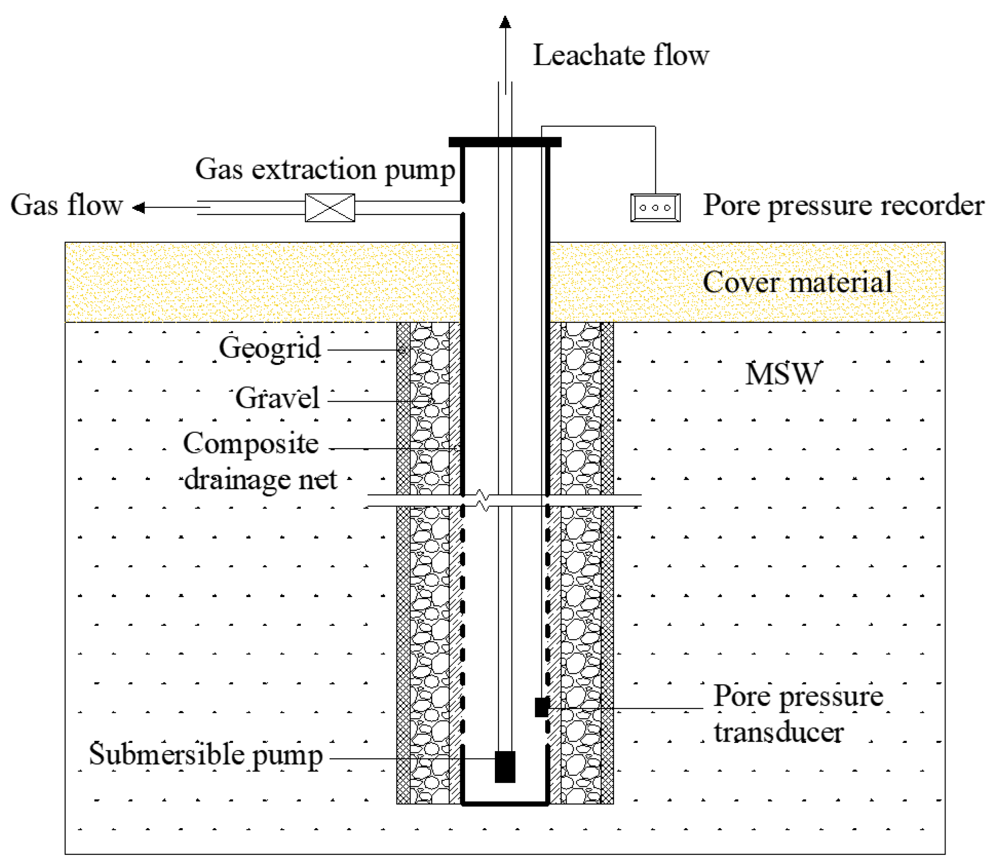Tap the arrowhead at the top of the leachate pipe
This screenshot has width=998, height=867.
[505, 22]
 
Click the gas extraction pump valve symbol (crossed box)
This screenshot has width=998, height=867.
[330, 208]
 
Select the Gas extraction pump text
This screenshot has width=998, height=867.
[325, 170]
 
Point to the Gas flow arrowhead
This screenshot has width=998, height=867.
[139, 208]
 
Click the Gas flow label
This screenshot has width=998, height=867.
[67, 205]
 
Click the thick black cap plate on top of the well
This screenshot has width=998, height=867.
[505, 142]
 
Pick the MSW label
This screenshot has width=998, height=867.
[782, 374]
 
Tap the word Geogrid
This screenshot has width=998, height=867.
[270, 348]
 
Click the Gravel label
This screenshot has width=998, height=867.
[277, 398]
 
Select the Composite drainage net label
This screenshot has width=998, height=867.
[256, 461]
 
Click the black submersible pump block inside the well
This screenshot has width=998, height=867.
[505, 766]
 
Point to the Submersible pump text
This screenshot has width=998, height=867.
[206, 755]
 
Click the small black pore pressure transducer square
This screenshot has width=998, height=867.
[542, 707]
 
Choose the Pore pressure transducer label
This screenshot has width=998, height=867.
[798, 714]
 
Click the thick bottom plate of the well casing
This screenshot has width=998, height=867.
[505, 804]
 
